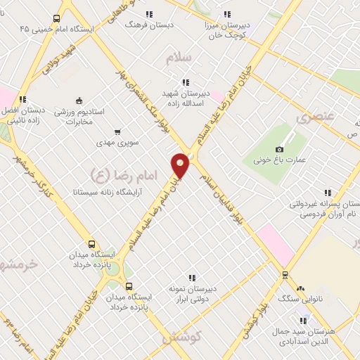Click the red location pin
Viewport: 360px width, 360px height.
(x=181, y=164)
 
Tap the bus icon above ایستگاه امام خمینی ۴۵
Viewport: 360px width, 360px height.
(x=56, y=19)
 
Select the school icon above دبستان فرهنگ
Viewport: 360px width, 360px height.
(x=148, y=13)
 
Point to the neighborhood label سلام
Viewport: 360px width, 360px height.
(x=179, y=58)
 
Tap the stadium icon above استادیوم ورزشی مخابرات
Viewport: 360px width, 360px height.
(x=79, y=100)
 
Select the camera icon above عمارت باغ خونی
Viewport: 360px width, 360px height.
(x=279, y=149)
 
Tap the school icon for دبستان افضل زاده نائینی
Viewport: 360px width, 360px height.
(x=22, y=99)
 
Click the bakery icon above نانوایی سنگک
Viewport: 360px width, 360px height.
(x=300, y=288)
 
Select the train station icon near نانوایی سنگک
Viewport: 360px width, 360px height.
(x=285, y=274)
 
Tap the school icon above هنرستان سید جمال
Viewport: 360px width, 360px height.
(x=303, y=321)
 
